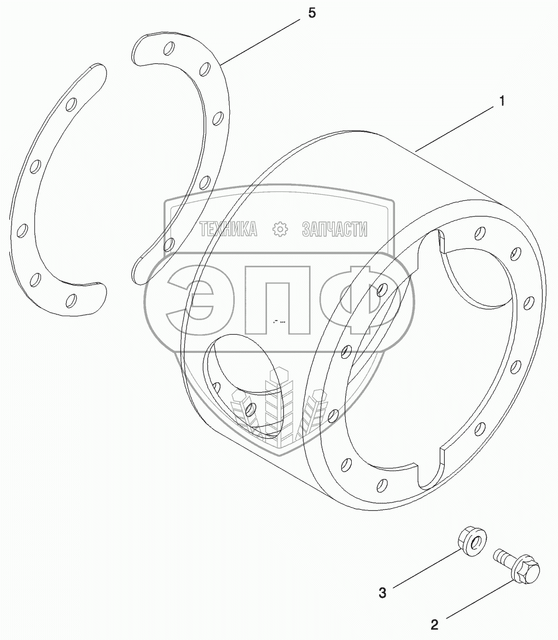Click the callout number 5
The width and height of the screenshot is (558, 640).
point(311,13)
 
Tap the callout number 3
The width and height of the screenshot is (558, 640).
point(383,592)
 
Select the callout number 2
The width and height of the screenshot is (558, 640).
point(435,624)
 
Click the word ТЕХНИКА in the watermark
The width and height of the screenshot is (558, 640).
point(229,230)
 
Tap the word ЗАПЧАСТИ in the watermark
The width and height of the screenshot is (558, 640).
point(334,230)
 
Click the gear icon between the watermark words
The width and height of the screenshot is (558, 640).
point(280,230)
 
